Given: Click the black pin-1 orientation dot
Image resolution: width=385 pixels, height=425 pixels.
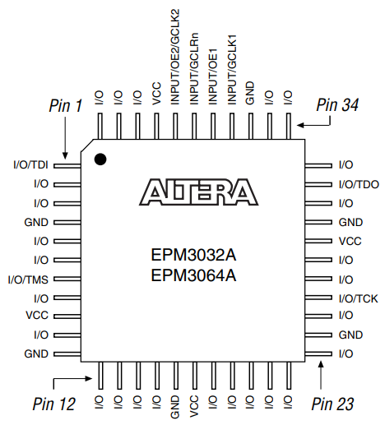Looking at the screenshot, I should pos(100,159).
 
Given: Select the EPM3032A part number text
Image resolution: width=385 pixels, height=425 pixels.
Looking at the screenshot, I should pos(193,256).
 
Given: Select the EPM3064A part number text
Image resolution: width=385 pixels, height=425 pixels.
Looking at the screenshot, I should pos(193,275).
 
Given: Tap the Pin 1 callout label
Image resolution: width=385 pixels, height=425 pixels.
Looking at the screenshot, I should pos(66,105).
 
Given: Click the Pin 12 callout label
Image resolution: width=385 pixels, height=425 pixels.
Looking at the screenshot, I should pos(54,404).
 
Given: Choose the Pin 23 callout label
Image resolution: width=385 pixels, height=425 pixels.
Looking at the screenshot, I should pos(333,404).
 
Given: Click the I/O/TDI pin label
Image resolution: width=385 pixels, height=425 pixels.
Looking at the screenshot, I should pos(30,165).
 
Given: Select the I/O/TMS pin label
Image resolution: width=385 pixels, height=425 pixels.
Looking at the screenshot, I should pos(29,279).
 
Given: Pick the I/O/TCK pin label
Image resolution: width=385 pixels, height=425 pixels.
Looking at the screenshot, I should pos(358,298).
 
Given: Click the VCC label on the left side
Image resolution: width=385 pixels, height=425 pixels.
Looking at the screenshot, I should pos(37,316).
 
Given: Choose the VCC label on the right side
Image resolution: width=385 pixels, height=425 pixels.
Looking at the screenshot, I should pos(350,242).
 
